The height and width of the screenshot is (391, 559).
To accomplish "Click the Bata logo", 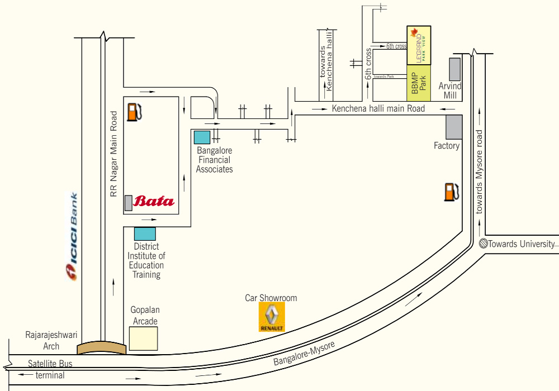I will tap(154, 201).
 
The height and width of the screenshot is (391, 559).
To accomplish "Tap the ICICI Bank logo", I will tap(72, 237).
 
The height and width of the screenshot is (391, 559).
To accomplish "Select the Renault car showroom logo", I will tap(272, 317).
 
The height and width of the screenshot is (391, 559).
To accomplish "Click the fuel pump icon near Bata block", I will tap(134, 112).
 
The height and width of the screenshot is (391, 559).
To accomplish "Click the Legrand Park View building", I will tap(419, 45).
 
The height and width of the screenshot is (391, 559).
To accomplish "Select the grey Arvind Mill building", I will tap(455, 69).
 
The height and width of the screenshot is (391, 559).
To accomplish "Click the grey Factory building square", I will tap(453, 127).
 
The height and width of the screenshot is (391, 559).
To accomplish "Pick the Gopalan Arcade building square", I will tap(143, 338).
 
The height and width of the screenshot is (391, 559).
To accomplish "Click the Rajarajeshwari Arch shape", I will tap(102, 349).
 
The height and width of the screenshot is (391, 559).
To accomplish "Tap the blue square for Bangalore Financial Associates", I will tap(202, 137).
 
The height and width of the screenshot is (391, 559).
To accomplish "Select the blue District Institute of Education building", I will tap(145, 234).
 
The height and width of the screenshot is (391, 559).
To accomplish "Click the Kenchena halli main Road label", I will tap(378, 108).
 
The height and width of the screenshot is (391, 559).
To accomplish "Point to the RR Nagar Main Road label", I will tap(114, 154).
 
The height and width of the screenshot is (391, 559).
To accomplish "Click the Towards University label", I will tap(521, 244).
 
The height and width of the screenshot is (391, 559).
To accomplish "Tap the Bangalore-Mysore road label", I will tap(304, 354).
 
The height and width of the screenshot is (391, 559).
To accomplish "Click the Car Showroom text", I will tap(271, 298).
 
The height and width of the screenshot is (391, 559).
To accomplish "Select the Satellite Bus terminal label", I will tap(50, 369).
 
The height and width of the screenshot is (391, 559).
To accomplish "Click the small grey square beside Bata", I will tap(129, 203).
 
